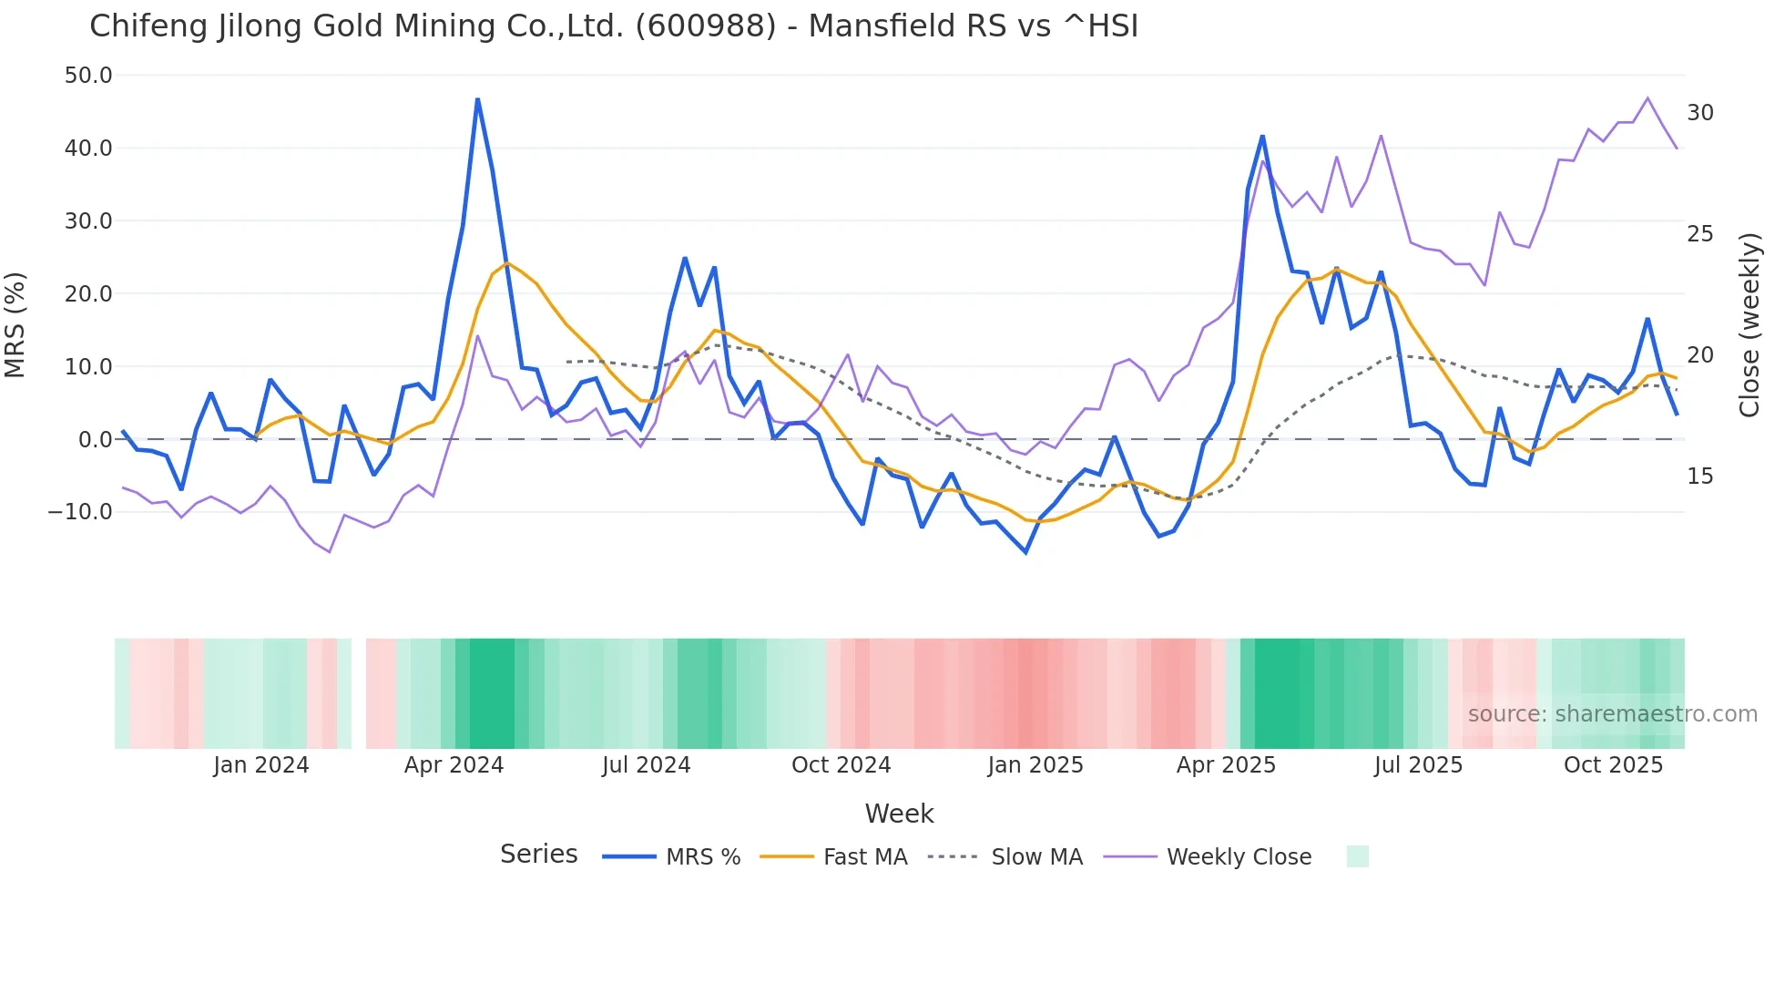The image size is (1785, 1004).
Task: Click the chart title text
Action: (x=614, y=26)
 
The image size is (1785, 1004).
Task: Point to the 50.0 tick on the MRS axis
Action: (x=88, y=76)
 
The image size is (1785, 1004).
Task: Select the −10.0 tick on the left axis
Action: (x=80, y=512)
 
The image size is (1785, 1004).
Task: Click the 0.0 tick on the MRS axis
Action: (x=95, y=440)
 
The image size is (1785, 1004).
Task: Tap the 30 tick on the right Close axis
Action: (x=1699, y=113)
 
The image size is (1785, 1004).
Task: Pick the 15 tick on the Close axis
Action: (x=1699, y=476)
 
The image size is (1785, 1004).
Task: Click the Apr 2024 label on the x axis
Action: (x=454, y=765)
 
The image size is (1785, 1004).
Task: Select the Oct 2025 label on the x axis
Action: (x=1613, y=765)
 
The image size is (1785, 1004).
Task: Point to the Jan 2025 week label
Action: (x=1035, y=765)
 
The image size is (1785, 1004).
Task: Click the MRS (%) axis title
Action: (x=15, y=325)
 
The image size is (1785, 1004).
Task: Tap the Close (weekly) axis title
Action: (x=1749, y=325)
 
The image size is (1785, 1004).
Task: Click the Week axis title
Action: (x=899, y=814)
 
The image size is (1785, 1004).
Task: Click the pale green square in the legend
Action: (x=1357, y=856)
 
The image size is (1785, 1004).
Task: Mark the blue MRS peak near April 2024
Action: (x=477, y=99)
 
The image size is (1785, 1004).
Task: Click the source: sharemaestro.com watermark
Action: (x=1612, y=714)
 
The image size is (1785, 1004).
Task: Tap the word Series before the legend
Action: (x=538, y=855)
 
